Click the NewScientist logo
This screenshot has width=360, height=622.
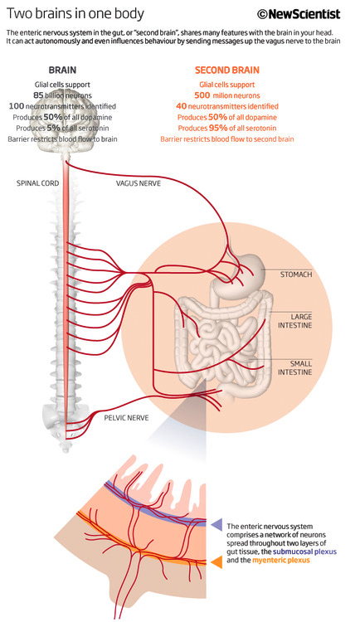tap(299, 14)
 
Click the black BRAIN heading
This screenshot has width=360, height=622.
tap(62, 70)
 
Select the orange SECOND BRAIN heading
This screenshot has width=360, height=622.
tap(227, 70)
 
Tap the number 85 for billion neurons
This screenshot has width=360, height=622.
tap(38, 95)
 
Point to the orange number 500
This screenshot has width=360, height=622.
tap(202, 95)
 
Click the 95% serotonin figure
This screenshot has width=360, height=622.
tap(218, 128)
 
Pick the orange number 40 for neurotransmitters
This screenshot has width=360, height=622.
tap(181, 106)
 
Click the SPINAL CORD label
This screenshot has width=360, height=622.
tap(37, 183)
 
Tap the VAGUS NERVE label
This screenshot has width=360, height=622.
tap(139, 183)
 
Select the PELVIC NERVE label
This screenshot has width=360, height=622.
tap(127, 418)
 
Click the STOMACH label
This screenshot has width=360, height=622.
tap(296, 275)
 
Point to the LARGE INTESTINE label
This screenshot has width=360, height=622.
tap(295, 321)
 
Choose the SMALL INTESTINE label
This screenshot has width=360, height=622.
tap(295, 367)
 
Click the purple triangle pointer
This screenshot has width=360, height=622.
tap(216, 524)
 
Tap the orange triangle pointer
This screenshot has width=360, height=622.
tap(216, 562)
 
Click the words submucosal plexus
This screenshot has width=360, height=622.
tap(304, 552)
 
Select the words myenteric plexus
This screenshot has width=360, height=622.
tap(281, 561)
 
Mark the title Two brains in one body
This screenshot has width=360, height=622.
tap(75, 14)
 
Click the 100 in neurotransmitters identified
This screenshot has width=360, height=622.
tap(17, 106)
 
